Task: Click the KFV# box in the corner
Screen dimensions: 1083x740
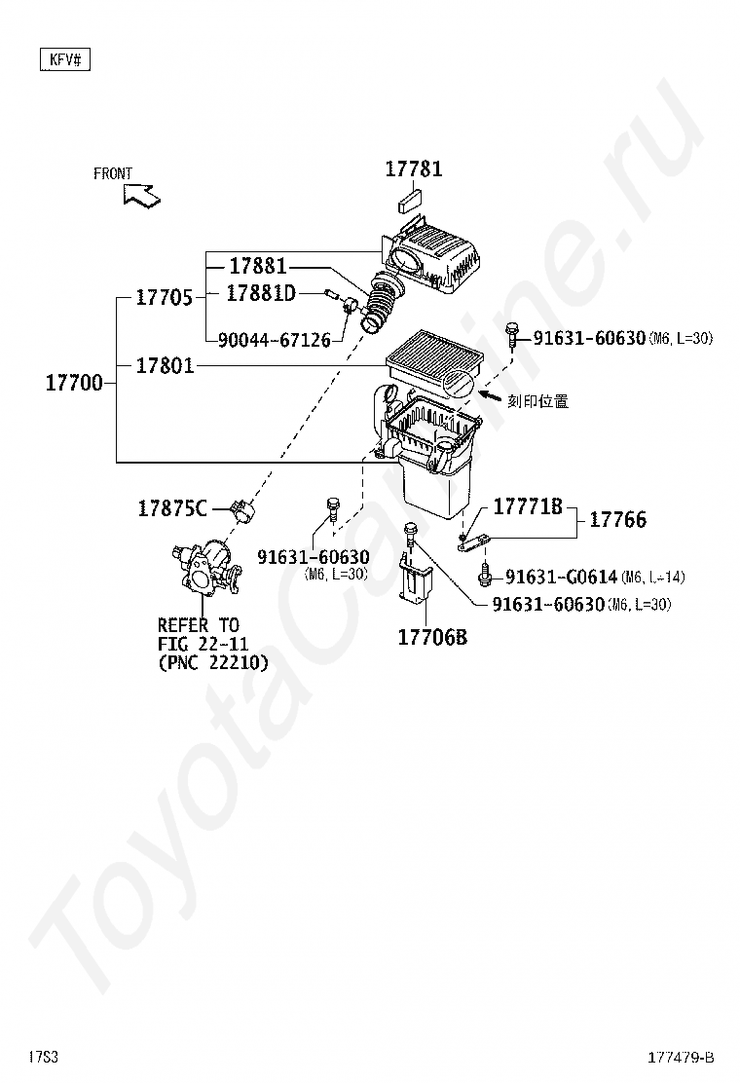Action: coord(64,60)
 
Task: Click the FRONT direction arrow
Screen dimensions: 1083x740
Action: coord(141,194)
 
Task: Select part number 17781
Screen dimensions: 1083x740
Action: coord(413,168)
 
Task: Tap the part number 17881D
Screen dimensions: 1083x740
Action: coord(260,292)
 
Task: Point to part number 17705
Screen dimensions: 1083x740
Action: coord(164,298)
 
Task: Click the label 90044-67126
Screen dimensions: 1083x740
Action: coord(274,340)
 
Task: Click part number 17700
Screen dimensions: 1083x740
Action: coord(74,383)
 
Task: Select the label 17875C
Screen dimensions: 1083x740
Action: coord(171,507)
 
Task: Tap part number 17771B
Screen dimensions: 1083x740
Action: coord(527,506)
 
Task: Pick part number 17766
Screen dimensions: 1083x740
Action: coord(617,520)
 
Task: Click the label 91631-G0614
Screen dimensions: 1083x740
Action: coord(561,578)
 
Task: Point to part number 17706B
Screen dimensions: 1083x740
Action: coord(431,638)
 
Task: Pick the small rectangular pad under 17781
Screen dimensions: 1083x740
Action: coord(409,203)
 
